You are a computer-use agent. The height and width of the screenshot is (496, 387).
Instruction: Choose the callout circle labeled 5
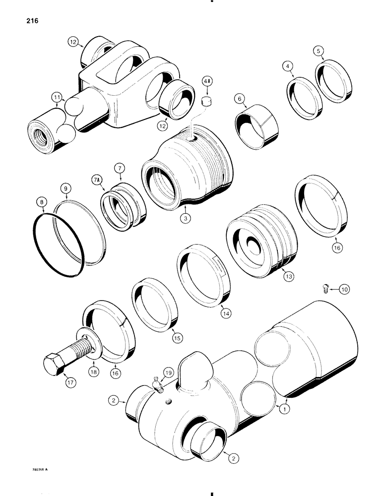coord(319,50)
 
